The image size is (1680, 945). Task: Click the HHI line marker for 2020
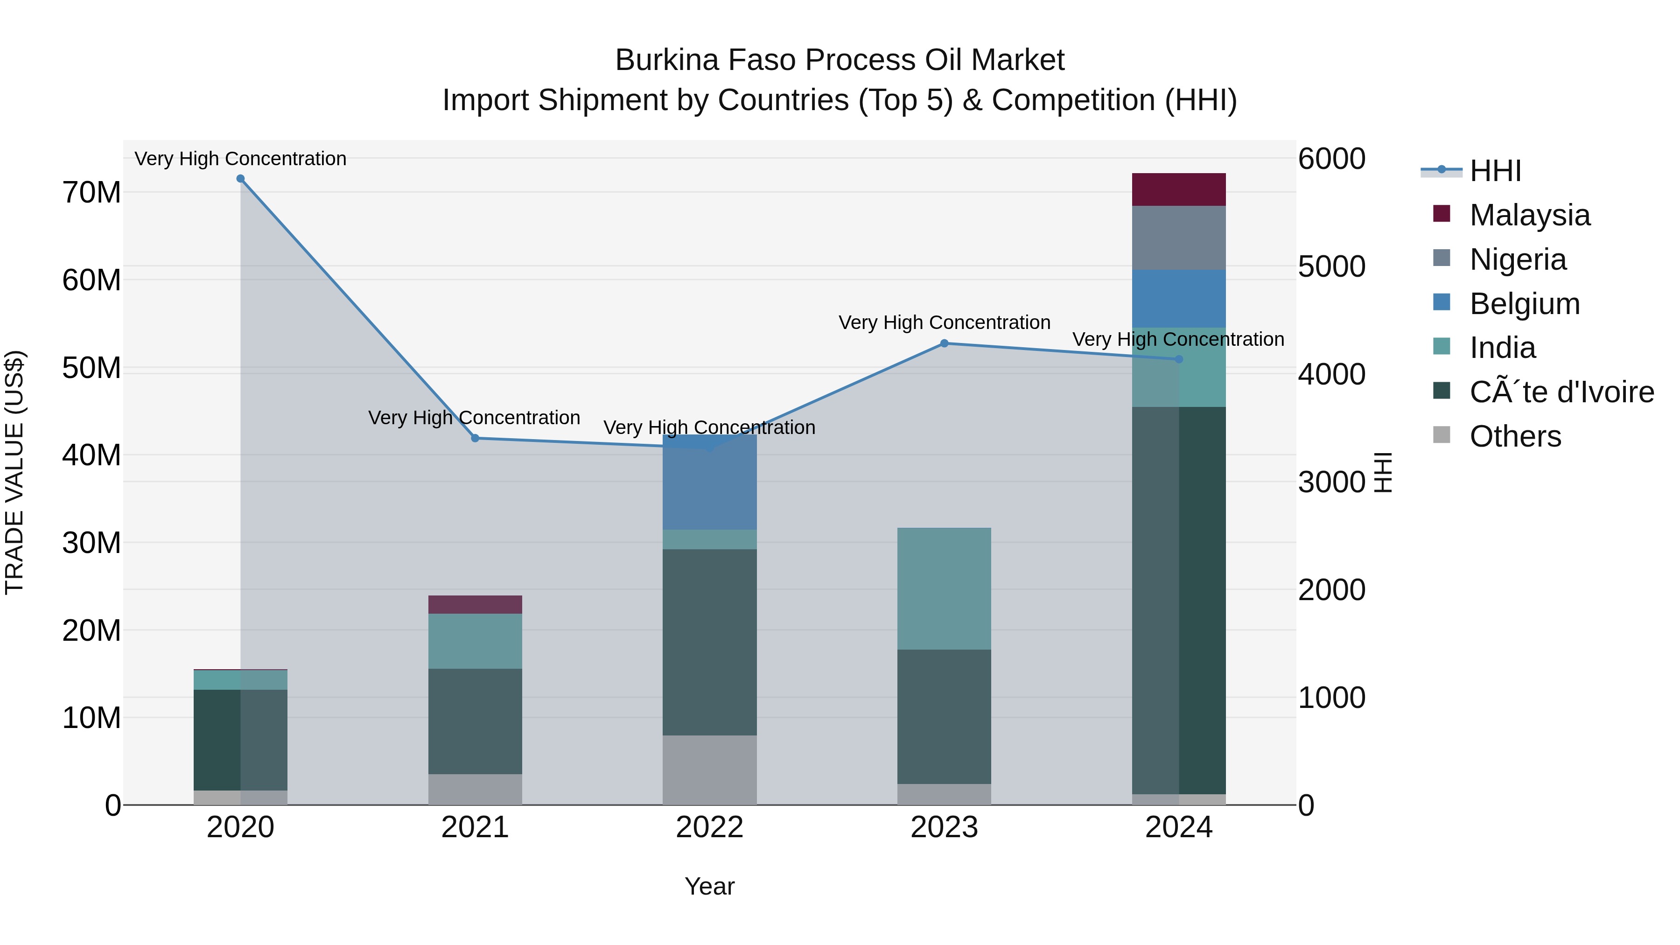point(241,179)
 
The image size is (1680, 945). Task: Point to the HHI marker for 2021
point(475,438)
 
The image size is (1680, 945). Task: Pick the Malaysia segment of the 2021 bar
point(475,604)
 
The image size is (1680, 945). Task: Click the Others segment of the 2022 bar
point(709,770)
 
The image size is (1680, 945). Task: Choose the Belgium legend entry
point(1524,304)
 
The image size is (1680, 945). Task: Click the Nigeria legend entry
point(1517,259)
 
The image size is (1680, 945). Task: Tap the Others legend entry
point(1514,436)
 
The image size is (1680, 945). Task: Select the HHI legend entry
point(1495,171)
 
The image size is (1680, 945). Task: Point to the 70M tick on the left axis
point(91,193)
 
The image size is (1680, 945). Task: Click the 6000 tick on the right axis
point(1331,159)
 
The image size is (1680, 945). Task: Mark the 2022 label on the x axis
point(709,827)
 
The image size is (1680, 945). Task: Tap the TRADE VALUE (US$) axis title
point(14,472)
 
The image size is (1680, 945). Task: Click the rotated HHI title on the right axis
point(1383,472)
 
